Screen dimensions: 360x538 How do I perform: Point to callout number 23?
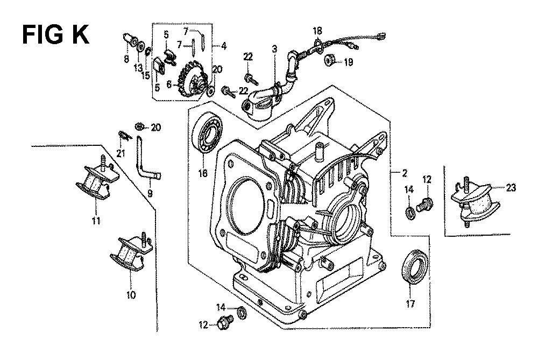click(511, 188)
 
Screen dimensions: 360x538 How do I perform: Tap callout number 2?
click(403, 173)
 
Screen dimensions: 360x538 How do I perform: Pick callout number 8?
click(126, 59)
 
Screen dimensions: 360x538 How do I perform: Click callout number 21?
click(120, 154)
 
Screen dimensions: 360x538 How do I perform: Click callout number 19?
click(348, 62)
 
